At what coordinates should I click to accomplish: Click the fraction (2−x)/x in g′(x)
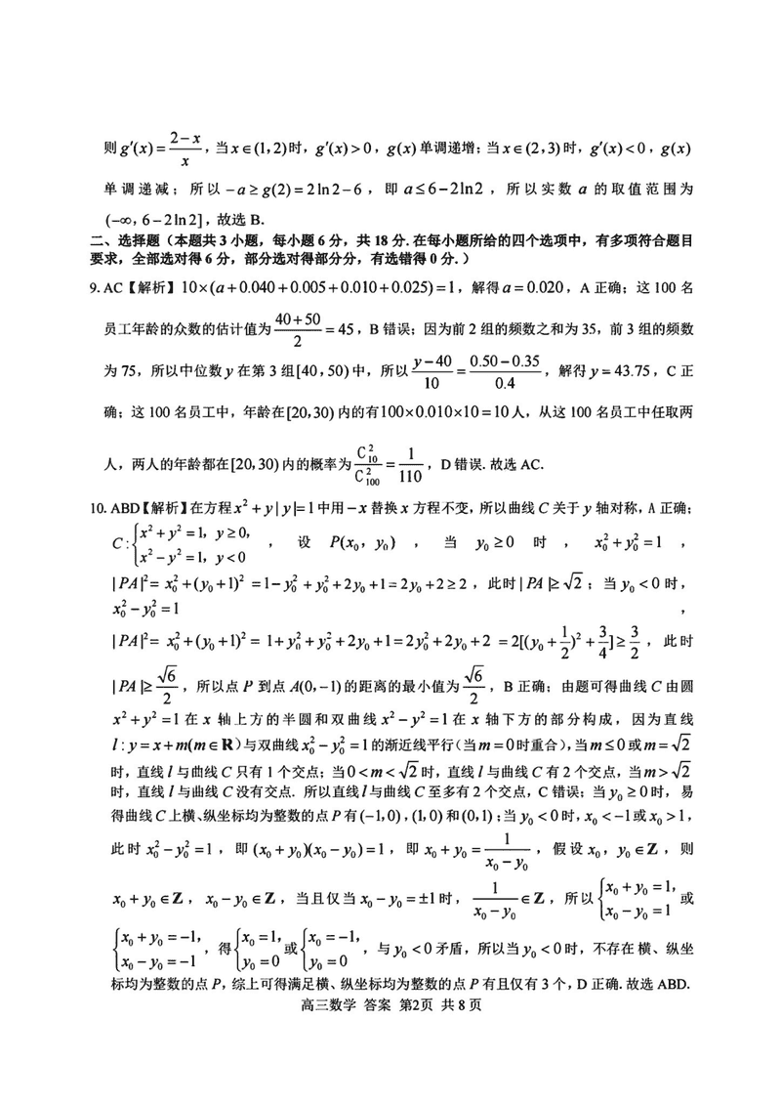point(184,150)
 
